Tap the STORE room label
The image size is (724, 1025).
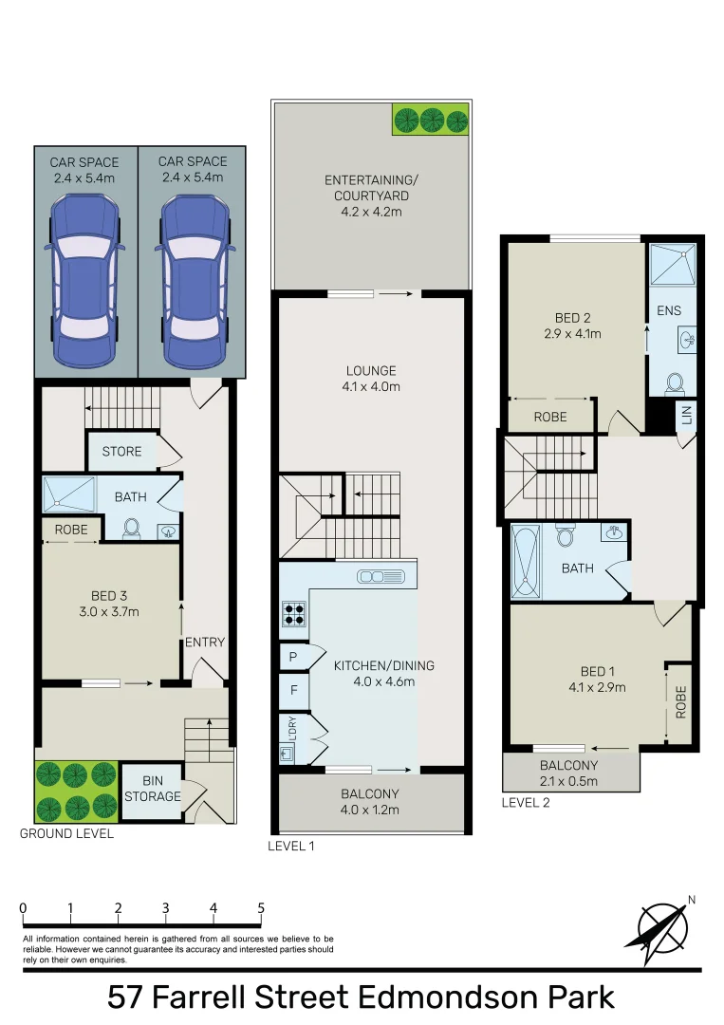click(x=121, y=451)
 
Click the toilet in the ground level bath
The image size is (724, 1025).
click(x=132, y=527)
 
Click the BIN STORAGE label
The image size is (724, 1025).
click(x=152, y=789)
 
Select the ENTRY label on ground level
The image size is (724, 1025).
click(x=205, y=643)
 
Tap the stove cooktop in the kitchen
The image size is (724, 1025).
click(x=293, y=615)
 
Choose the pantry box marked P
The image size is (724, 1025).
click(x=292, y=657)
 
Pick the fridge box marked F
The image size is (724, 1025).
click(x=293, y=691)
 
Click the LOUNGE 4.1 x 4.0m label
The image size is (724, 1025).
click(x=371, y=378)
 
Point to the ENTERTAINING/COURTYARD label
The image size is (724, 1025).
click(x=371, y=196)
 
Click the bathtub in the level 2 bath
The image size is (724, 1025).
click(x=525, y=561)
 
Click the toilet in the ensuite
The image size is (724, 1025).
click(x=676, y=382)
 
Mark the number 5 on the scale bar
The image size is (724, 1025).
click(x=261, y=908)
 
